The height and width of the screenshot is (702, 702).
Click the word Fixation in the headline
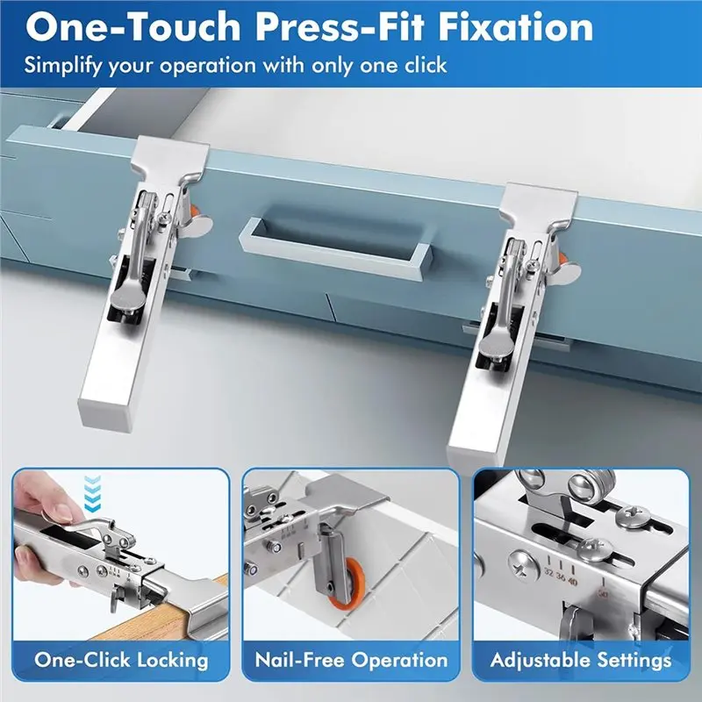click(516, 27)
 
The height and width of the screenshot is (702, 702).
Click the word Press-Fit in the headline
click(340, 27)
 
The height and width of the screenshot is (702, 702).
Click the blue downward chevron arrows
click(93, 494)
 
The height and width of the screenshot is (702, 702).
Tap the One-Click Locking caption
click(121, 661)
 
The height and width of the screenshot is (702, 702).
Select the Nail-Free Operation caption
click(351, 661)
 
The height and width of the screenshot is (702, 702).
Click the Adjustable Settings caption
click(581, 661)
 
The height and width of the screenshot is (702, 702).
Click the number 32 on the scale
click(550, 572)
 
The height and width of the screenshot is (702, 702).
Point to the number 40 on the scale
click(572, 582)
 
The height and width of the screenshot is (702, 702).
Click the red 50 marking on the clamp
click(604, 593)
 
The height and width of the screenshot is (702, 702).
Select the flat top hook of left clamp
click(171, 155)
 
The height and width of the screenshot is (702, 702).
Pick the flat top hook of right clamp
click(539, 203)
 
